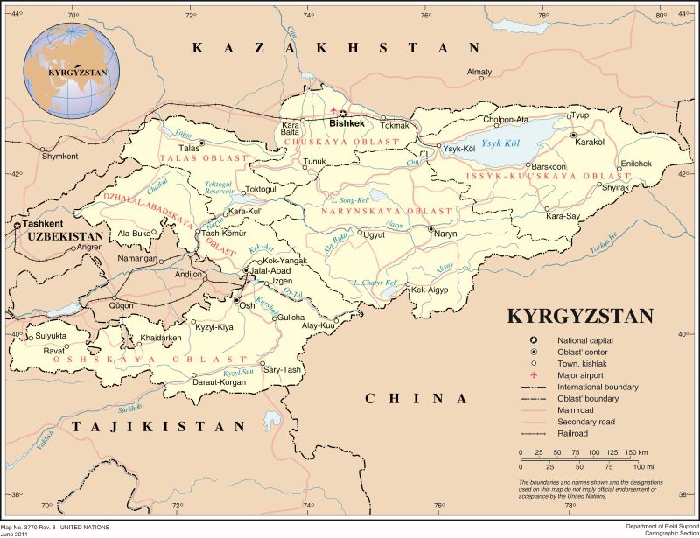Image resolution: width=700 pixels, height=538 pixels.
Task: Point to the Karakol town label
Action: (x=590, y=142)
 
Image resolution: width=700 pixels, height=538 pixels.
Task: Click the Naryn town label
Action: (x=446, y=234)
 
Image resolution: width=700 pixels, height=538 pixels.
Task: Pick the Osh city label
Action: (x=248, y=305)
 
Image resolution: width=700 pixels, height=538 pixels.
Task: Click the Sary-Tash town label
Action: (x=283, y=370)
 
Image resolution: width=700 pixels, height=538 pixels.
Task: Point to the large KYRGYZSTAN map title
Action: (x=580, y=316)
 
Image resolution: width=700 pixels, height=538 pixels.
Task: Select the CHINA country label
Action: (x=416, y=398)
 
